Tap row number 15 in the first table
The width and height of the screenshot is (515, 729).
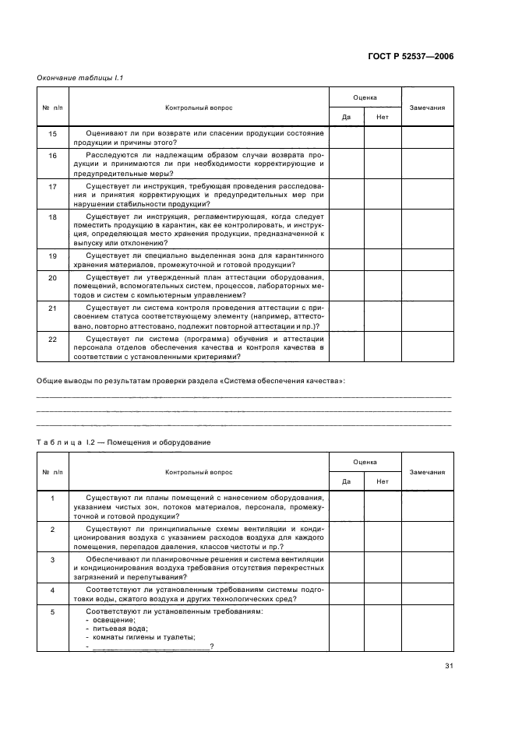tap(53, 134)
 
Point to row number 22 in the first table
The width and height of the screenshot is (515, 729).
tap(53, 339)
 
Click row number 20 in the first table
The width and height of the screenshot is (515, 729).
tap(53, 277)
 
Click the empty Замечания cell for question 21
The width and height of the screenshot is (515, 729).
tap(427, 315)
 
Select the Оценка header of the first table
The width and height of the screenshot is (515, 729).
tap(365, 97)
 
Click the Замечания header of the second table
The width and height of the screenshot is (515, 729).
tap(427, 472)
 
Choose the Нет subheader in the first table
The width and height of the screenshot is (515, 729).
tap(383, 117)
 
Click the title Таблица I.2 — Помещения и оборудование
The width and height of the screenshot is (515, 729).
tap(123, 442)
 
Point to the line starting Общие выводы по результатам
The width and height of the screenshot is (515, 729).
tap(192, 381)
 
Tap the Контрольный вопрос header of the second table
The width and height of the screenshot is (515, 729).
tap(198, 472)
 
